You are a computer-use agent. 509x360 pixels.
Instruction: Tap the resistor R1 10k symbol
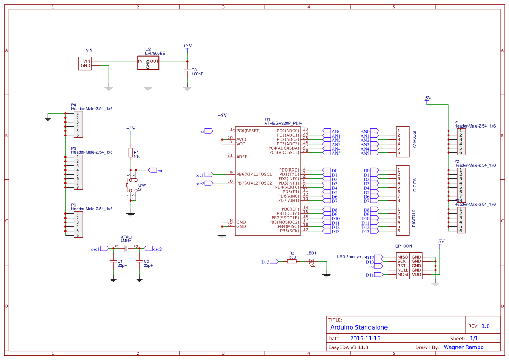tap(130, 152)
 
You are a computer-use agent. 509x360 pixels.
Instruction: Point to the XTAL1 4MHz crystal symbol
tap(126, 249)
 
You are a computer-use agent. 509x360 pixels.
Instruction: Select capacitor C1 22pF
tap(113, 262)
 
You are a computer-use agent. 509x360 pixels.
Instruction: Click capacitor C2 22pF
tap(139, 262)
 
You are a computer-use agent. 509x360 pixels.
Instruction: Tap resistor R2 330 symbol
tap(292, 262)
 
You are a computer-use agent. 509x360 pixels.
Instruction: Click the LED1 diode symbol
tap(311, 262)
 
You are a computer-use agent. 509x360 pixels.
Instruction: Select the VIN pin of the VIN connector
tap(87, 61)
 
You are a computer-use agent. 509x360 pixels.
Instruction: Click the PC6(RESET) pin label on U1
tap(248, 131)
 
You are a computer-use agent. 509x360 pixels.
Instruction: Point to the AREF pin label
tap(242, 157)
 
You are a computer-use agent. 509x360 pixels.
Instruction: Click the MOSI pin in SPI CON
tap(402, 275)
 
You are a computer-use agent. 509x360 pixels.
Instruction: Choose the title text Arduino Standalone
tap(359, 327)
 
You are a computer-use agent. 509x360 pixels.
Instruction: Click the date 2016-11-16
tap(365, 338)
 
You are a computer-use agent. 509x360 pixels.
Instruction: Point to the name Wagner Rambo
tap(463, 347)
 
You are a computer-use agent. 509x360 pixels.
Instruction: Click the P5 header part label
tap(74, 148)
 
